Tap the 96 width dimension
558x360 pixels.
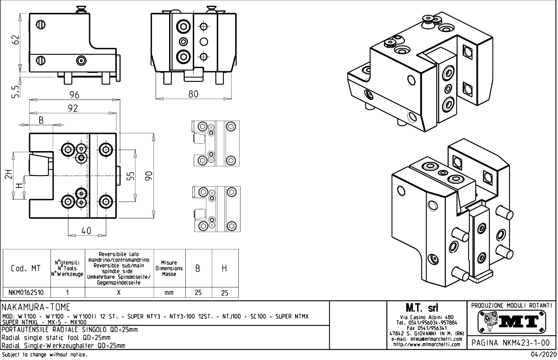click(74, 95)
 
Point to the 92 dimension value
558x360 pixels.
click(73, 109)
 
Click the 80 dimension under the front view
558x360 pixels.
click(193, 94)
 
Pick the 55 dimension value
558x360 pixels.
click(130, 176)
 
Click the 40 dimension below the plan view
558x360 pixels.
click(86, 231)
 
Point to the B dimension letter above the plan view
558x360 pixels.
click(41, 120)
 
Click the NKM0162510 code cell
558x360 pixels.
click(26, 292)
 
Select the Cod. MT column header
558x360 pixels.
click(26, 269)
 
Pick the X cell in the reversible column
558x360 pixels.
click(119, 292)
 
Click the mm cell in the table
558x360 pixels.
click(169, 292)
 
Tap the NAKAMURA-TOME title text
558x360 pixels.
click(36, 307)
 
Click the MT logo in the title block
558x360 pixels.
click(511, 321)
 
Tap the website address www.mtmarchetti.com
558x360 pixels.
click(427, 344)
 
